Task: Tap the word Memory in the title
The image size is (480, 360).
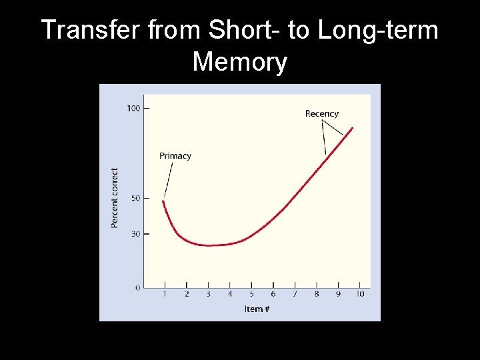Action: [x=240, y=62]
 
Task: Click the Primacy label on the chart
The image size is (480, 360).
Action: [x=175, y=156]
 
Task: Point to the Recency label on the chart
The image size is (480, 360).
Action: [x=322, y=113]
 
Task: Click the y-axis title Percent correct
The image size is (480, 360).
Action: [x=115, y=197]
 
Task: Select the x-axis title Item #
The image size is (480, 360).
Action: [x=257, y=309]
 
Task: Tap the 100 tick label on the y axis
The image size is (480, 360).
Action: [x=133, y=108]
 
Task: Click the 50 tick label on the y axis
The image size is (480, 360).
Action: [x=135, y=198]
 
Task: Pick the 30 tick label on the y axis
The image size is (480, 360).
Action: [x=135, y=234]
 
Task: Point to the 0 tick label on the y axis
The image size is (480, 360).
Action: [x=137, y=287]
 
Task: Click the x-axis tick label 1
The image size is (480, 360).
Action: [x=165, y=294]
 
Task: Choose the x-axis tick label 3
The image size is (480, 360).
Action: [x=208, y=294]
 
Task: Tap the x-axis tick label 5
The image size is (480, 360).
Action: [x=251, y=294]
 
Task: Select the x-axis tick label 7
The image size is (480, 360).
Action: [x=295, y=294]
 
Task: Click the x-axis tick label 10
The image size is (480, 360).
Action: [x=360, y=294]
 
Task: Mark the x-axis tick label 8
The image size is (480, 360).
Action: [x=317, y=294]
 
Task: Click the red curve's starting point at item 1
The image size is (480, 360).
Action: [x=164, y=201]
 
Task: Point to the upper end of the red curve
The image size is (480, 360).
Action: [x=352, y=128]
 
